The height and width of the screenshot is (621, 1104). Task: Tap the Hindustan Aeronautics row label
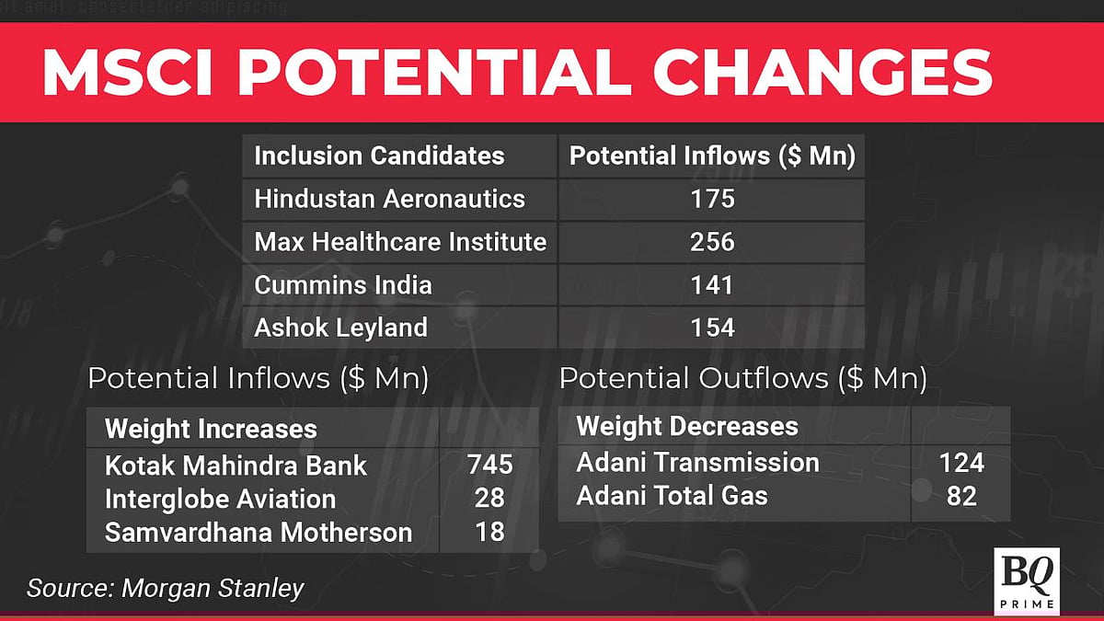coord(389,199)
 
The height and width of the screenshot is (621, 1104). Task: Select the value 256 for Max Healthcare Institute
coord(712,242)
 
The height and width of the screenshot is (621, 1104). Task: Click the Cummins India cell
coord(343,284)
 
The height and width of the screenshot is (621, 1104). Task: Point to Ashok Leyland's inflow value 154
coord(712,327)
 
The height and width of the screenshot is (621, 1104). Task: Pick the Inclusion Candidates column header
coord(379,155)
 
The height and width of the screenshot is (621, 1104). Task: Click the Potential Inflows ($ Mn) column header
coord(712,155)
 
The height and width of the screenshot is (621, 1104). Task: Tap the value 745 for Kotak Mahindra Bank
coord(489,465)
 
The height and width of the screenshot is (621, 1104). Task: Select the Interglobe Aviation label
coord(220,499)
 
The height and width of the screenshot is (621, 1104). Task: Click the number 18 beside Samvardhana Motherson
coord(489,532)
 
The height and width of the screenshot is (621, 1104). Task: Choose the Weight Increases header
coord(211,429)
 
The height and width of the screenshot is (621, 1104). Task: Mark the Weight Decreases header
coord(687,426)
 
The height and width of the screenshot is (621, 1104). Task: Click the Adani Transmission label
coord(697,462)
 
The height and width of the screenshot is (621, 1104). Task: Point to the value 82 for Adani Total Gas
coord(961,497)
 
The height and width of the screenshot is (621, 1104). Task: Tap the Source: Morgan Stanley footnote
coord(165,588)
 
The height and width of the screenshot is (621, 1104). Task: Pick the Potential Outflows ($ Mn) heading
coord(742,378)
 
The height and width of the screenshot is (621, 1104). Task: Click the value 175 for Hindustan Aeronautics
coord(712,199)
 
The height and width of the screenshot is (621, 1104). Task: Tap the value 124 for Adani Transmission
coord(961,462)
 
